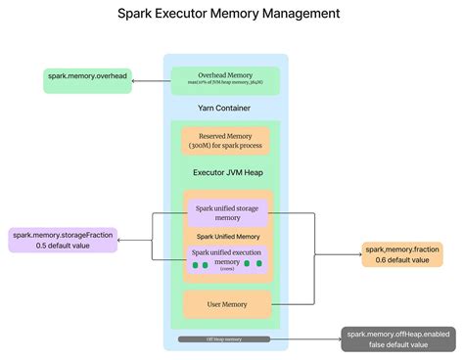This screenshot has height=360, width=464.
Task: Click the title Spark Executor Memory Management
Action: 229,14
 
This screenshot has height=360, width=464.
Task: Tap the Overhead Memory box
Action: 225,79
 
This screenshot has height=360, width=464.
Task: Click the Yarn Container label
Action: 226,109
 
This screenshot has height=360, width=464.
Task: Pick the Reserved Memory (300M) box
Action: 226,140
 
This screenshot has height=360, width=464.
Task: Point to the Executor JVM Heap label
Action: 226,172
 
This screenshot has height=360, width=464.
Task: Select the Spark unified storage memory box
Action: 227,211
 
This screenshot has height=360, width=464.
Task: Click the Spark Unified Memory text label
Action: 227,237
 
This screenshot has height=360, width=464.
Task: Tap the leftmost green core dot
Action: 197,265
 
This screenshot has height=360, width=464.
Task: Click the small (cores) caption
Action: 227,270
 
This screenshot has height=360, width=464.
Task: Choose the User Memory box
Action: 226,304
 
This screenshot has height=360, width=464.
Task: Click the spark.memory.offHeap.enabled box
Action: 397,338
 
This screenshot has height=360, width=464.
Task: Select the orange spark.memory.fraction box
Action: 401,254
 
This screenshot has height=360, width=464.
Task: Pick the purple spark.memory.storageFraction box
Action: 63,240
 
